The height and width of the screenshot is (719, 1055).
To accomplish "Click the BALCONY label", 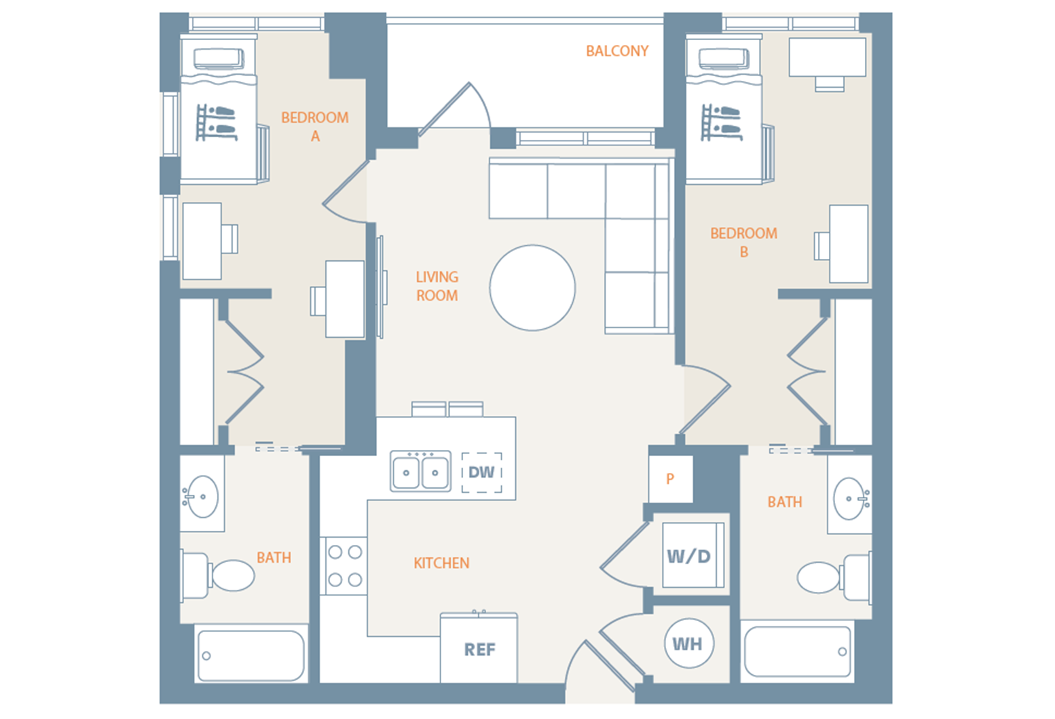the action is pos(617,51).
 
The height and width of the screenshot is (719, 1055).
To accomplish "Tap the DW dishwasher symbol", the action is pos(481,472).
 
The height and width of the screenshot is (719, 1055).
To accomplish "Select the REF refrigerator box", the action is pos(479,648).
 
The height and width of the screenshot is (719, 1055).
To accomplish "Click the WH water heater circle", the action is pos(689,644).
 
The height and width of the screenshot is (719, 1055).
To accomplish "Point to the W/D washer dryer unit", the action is pos(693,555).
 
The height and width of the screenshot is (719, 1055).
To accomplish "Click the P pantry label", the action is pos(670,479).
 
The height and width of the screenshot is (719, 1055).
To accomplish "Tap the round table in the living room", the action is pos(532,287).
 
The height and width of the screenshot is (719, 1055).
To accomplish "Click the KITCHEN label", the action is pos(441,563).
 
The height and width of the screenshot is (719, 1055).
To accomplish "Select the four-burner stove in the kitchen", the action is pos(344,566).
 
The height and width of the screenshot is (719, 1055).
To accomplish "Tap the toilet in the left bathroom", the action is pos(218,576).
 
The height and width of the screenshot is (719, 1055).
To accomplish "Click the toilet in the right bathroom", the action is pos(834,578).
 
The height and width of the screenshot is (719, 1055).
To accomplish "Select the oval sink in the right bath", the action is pos(851,498).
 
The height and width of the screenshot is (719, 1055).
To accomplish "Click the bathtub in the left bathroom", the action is pos(251,655).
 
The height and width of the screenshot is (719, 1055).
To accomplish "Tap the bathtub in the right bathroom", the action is pos(798,652).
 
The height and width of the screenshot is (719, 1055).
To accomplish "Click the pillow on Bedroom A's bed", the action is pos(219,59).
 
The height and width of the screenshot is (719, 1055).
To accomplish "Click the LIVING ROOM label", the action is pos(437,286).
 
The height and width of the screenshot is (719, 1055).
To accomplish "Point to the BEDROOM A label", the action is pos(314,127).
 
